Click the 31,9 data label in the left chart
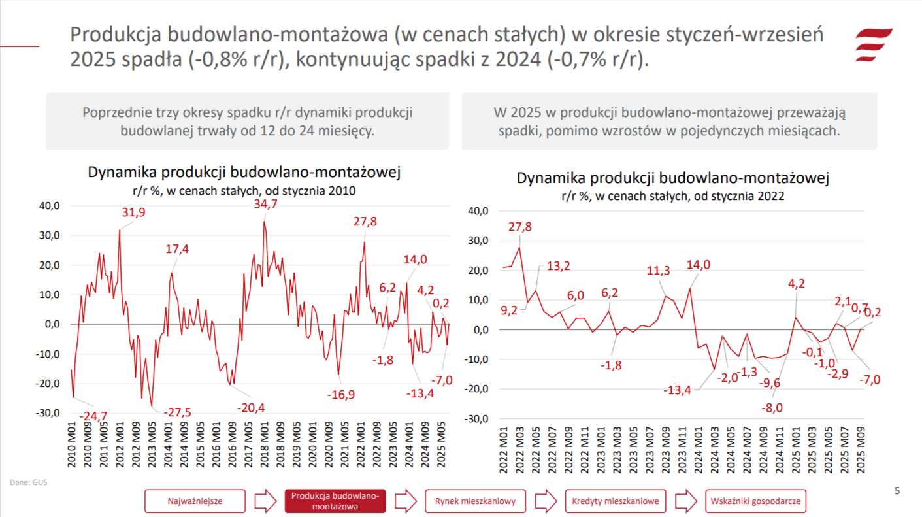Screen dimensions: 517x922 (x=134, y=212)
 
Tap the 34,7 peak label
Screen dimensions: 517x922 (x=265, y=205)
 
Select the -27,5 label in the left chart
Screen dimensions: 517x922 (x=176, y=412)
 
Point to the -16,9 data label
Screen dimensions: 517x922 (x=341, y=394)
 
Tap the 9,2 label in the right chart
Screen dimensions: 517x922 (x=508, y=310)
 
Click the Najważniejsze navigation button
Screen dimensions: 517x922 (x=195, y=501)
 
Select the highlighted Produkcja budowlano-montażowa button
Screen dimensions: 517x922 (x=335, y=501)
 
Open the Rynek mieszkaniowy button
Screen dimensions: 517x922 (x=475, y=501)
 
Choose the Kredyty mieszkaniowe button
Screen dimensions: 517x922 (x=616, y=501)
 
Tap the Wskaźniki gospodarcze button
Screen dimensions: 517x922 (x=756, y=501)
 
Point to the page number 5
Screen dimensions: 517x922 (x=897, y=491)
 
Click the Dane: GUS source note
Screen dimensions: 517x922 (x=29, y=483)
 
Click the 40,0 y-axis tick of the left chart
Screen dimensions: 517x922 (x=50, y=205)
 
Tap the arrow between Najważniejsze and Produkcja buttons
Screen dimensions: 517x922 (x=265, y=501)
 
